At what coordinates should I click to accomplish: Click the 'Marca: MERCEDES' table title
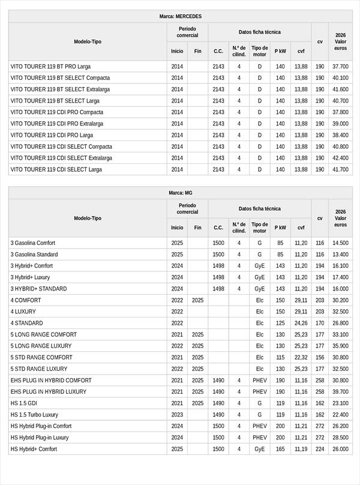point(180,16)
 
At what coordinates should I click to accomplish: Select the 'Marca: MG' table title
point(180,193)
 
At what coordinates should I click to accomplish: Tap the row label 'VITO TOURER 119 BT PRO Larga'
point(50,67)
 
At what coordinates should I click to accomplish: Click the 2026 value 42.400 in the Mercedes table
point(340,158)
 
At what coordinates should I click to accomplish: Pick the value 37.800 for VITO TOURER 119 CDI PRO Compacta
point(340,112)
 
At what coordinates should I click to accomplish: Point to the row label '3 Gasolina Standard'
point(34,255)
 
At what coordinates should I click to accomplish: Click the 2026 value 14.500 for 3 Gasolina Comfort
point(340,243)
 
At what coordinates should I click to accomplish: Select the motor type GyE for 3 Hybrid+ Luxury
point(259,277)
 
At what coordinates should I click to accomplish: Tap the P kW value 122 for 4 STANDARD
point(280,323)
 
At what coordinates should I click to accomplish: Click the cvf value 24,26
point(301,323)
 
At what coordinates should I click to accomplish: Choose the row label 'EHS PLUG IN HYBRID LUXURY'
point(49,391)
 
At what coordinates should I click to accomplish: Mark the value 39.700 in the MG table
point(340,391)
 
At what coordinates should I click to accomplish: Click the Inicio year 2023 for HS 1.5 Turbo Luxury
point(177,415)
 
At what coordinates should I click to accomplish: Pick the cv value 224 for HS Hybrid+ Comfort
point(320,449)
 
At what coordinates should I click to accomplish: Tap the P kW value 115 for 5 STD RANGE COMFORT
point(280,357)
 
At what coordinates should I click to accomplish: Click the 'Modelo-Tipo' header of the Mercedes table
point(88,41)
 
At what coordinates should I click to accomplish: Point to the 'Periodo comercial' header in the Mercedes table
point(188,32)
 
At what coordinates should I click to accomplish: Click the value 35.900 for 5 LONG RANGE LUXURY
point(340,346)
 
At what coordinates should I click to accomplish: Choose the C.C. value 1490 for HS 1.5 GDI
point(218,403)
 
